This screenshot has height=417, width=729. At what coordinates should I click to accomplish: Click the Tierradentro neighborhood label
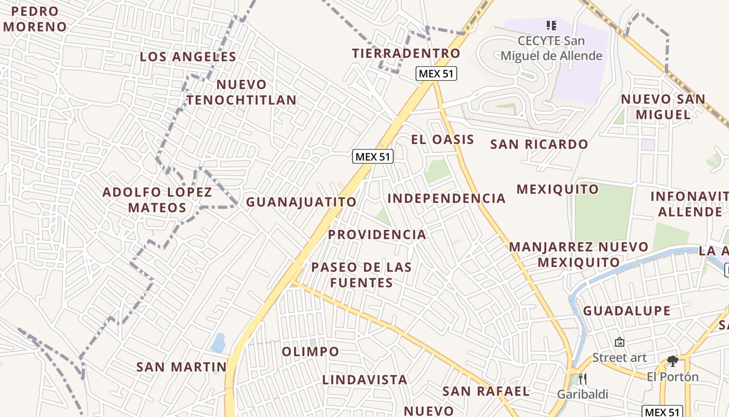[x=406, y=53]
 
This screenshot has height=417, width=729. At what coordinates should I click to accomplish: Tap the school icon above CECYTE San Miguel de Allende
[x=551, y=25]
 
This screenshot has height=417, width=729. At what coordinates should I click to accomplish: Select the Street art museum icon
[x=620, y=342]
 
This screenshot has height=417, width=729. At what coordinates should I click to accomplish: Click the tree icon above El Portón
[x=673, y=361]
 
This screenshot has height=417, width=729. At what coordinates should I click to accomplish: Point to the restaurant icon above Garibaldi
[x=583, y=378]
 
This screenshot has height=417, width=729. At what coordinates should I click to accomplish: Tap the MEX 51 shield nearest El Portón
[x=662, y=411]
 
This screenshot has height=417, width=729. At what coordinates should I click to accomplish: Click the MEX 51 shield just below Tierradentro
[x=436, y=73]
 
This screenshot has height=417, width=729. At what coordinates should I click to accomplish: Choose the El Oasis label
[x=443, y=140]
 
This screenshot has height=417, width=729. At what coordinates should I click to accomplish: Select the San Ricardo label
[x=539, y=144]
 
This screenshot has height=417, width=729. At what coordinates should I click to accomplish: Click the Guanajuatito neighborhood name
[x=301, y=202]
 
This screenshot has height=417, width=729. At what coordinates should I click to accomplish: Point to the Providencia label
[x=377, y=235]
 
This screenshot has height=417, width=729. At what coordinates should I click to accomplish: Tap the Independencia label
[x=446, y=199]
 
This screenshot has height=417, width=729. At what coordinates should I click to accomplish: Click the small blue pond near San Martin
[x=218, y=342]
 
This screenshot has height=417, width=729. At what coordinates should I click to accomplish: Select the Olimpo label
[x=310, y=352]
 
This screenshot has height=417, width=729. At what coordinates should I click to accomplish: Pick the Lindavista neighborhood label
[x=364, y=379]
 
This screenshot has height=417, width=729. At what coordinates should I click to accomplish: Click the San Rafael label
[x=486, y=391]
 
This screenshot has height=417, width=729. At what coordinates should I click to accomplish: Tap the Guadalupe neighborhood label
[x=626, y=311]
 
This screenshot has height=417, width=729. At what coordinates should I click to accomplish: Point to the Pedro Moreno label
[x=34, y=19]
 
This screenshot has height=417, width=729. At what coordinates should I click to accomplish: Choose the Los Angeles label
[x=188, y=57]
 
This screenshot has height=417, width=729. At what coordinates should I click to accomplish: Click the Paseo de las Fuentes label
[x=361, y=275]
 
